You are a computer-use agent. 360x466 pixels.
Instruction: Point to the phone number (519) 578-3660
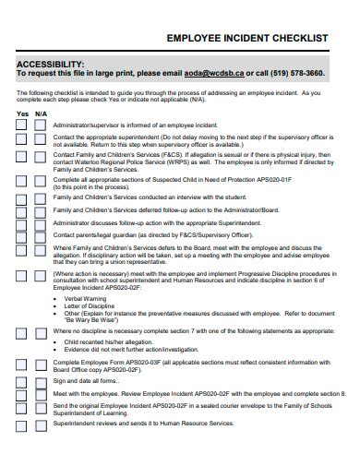click(x=294, y=72)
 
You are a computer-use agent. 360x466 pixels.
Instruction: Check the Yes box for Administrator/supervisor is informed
click(x=22, y=124)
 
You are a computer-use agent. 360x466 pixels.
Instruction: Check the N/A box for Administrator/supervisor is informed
click(x=41, y=124)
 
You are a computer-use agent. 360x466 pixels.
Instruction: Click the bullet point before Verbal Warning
click(x=56, y=299)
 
